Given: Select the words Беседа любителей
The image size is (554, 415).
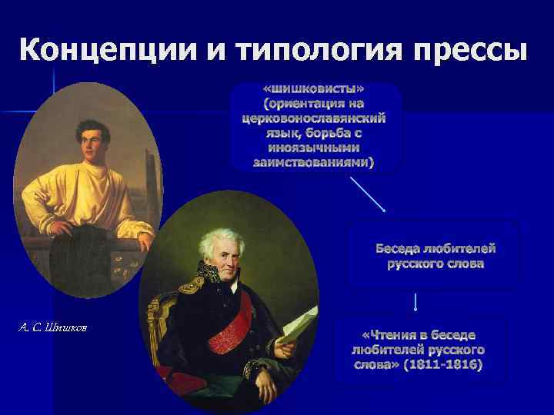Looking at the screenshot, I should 436,249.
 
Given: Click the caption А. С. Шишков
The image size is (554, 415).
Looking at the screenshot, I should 53,328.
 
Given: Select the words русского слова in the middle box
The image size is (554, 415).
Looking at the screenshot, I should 436,264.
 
